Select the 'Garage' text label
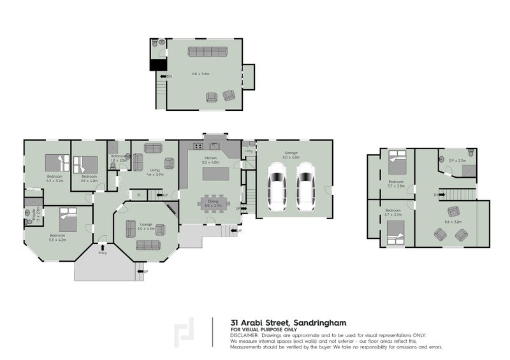click(291, 154)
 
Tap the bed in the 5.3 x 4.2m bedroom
click(67, 222)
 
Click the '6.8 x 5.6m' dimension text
click(201, 74)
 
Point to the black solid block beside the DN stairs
click(157, 64)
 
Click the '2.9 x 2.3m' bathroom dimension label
click(457, 161)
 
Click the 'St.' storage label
click(138, 194)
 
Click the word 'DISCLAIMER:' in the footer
click(245, 335)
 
